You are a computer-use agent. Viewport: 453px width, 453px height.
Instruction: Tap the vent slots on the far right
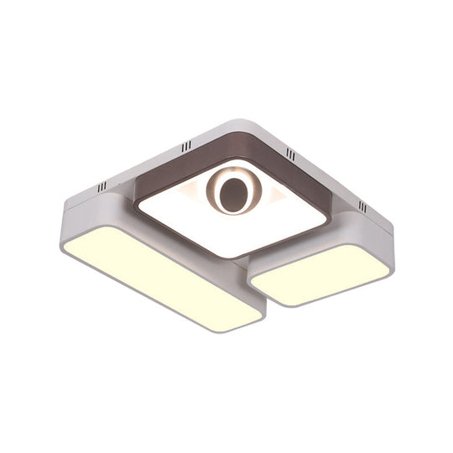pyautogui.click(x=362, y=206)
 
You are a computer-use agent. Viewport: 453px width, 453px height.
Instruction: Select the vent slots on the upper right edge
pyautogui.click(x=290, y=154)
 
